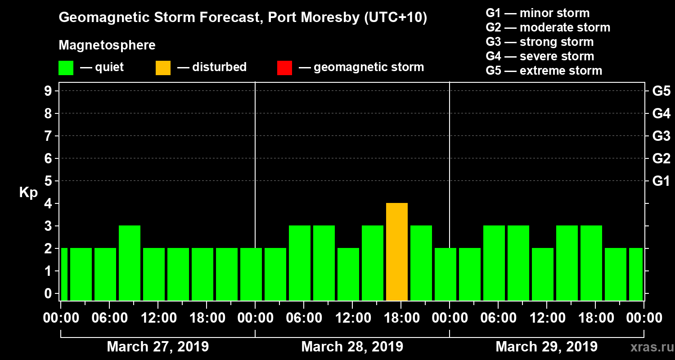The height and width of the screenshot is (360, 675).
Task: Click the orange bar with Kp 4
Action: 397,252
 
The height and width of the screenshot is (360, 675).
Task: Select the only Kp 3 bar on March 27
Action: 130,263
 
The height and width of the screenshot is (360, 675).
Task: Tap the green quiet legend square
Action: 66,68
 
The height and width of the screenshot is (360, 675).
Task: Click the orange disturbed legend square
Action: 163,68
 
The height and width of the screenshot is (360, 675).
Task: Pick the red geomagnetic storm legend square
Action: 284,68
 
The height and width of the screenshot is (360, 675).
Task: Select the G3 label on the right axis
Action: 661,136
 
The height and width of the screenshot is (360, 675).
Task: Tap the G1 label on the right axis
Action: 661,181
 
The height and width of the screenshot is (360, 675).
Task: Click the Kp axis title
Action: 28,193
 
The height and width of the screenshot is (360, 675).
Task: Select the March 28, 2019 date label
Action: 352,347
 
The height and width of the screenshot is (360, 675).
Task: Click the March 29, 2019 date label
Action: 546,347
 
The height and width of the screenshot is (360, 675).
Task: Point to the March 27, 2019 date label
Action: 157,347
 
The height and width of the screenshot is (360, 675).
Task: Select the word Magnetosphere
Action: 107,45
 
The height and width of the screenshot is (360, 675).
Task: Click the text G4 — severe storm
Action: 540,56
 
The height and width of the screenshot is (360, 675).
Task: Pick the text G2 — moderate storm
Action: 548,27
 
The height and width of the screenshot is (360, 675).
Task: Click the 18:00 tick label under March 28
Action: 401,318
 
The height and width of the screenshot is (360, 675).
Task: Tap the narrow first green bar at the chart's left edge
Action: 64,274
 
